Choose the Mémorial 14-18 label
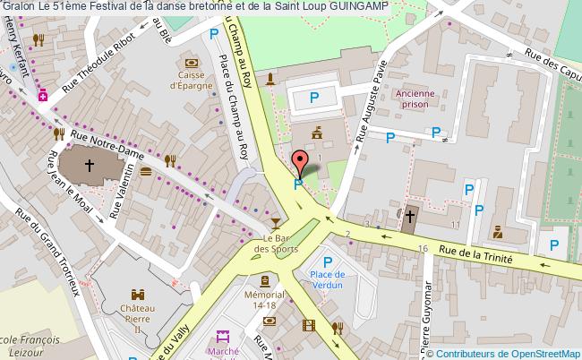(263, 301)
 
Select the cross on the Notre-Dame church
(90, 165)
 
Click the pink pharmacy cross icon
(42, 98)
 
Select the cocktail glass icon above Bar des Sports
(275, 222)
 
